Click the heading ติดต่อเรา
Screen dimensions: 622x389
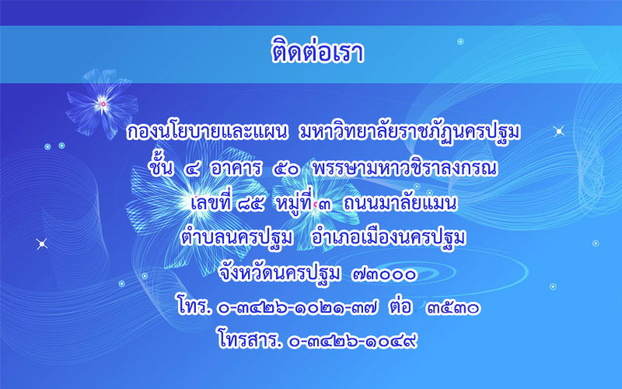[x=317, y=51]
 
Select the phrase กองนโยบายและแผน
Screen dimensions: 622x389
[x=207, y=132]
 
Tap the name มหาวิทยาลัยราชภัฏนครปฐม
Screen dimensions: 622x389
[x=410, y=133]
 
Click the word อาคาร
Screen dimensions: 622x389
[x=236, y=168]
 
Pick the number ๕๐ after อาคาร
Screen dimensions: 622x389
[x=285, y=169]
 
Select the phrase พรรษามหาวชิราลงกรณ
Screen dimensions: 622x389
[x=404, y=168]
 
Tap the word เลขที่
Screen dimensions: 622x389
[x=210, y=202]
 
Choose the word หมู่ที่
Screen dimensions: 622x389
[x=294, y=202]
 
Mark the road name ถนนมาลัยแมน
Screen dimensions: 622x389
[x=400, y=203]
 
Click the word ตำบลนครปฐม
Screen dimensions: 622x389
[x=237, y=237]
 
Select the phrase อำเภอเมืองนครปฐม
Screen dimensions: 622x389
[x=388, y=237]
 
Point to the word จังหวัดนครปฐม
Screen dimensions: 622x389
[x=280, y=272]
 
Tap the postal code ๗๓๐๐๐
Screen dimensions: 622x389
[x=384, y=274]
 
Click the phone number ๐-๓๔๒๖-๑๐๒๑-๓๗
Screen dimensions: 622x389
[x=298, y=308]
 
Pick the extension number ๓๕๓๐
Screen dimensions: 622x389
[x=453, y=308]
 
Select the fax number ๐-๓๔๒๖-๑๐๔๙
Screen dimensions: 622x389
[x=353, y=342]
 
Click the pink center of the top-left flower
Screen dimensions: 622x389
[x=103, y=104]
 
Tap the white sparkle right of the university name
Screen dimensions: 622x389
[x=559, y=131]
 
